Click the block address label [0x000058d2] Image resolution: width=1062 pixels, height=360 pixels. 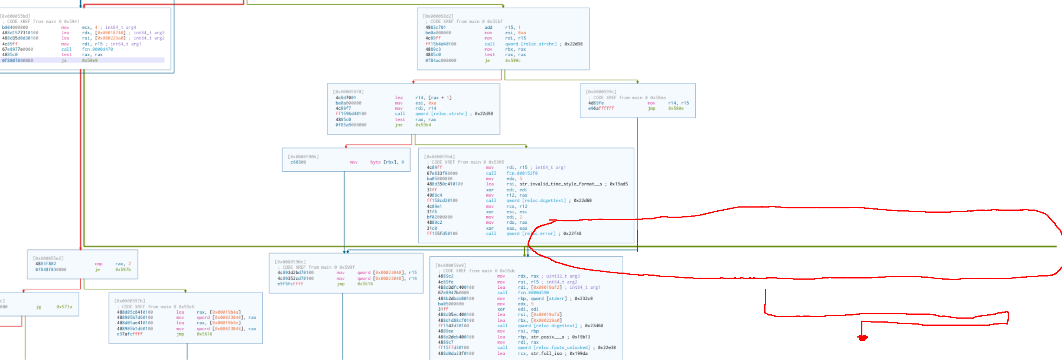[x=437, y=16]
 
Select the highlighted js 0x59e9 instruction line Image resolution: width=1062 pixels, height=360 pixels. [x=82, y=60]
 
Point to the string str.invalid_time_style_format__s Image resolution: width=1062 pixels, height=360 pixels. [x=561, y=184]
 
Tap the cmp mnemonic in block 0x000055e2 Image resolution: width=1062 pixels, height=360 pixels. [x=98, y=264]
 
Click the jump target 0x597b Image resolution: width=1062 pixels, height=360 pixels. [x=123, y=270]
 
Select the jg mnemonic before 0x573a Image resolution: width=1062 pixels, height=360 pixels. [x=38, y=307]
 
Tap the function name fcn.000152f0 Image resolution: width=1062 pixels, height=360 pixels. [x=521, y=173]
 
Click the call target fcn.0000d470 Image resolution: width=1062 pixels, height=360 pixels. [x=97, y=49]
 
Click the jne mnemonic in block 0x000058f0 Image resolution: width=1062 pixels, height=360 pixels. [x=398, y=125]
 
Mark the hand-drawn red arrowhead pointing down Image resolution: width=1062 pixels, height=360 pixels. [x=862, y=338]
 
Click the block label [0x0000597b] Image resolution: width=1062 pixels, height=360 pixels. [x=130, y=301]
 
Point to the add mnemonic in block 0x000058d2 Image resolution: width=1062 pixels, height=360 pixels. [x=488, y=27]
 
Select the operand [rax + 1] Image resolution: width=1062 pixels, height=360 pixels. [x=439, y=98]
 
